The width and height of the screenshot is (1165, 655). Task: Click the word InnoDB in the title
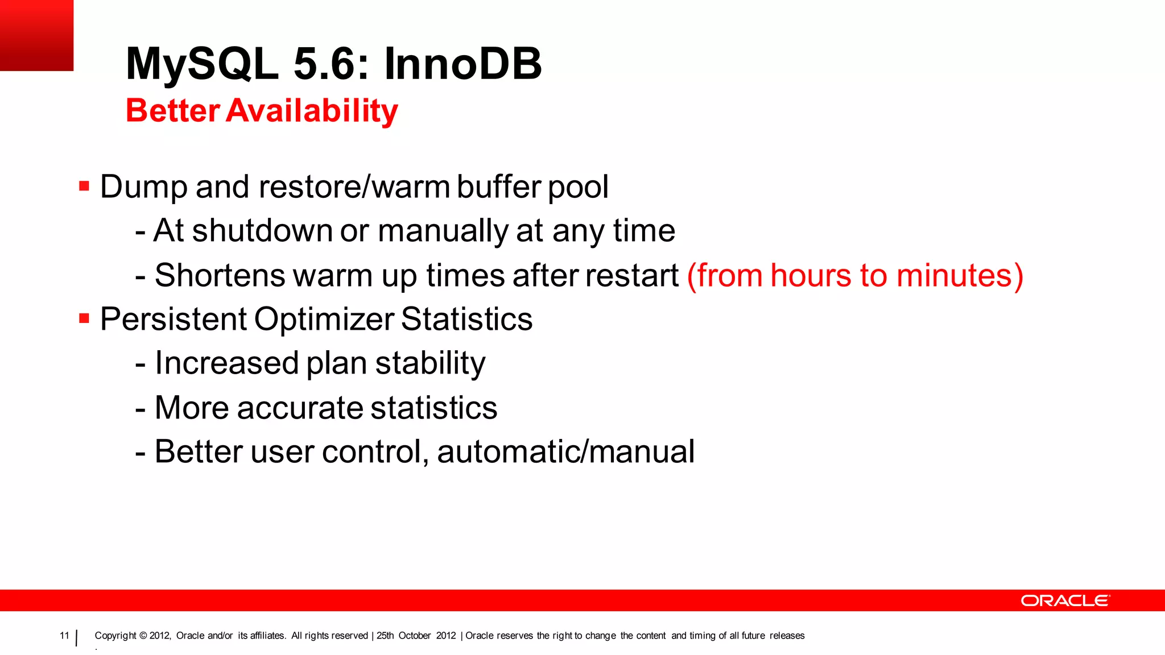click(x=463, y=64)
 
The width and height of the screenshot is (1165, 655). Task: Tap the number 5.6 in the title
click(x=324, y=64)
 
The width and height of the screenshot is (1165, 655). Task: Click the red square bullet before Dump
click(x=84, y=186)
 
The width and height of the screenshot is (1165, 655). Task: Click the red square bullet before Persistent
click(x=84, y=318)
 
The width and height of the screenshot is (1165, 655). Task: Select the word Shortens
click(x=220, y=276)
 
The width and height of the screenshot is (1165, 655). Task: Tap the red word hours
click(x=810, y=276)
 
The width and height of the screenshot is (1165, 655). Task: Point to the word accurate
click(x=299, y=408)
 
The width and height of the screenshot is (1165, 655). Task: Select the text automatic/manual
click(x=565, y=452)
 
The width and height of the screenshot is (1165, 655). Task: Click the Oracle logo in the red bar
click(x=1065, y=601)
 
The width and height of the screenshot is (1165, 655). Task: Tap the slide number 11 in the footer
click(x=64, y=636)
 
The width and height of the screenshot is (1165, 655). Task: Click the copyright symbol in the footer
click(x=143, y=636)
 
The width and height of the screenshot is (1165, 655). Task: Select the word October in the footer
click(x=414, y=636)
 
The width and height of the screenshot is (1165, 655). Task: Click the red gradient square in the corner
click(x=36, y=35)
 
